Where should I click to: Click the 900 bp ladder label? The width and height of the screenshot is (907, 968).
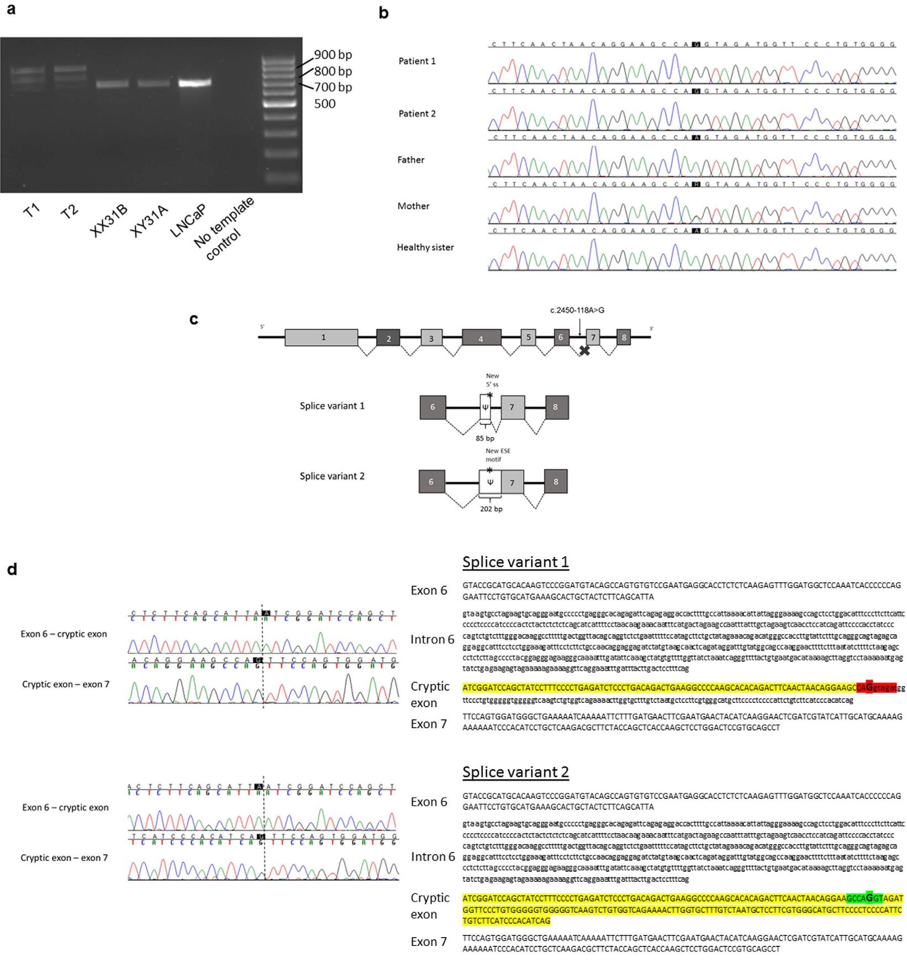(333, 55)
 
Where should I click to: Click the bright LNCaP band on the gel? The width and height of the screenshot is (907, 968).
(194, 83)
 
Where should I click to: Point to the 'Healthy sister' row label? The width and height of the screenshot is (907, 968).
(425, 248)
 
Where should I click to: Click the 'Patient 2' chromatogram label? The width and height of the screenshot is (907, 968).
(417, 114)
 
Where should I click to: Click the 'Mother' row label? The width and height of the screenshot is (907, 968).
(413, 206)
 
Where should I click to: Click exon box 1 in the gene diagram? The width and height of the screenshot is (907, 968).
(321, 337)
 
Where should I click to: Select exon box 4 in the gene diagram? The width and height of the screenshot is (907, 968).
(481, 337)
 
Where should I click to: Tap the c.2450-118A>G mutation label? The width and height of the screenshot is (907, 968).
(577, 310)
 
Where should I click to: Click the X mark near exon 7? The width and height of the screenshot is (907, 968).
(584, 350)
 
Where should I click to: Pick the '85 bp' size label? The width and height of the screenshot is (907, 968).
(485, 439)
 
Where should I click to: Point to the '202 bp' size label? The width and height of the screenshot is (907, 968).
(491, 509)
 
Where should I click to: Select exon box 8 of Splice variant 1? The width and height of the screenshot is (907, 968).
(556, 407)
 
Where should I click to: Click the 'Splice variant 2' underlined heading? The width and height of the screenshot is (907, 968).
(515, 772)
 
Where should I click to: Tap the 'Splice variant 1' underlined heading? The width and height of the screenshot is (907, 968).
(515, 562)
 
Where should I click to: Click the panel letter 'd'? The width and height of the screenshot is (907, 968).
(12, 569)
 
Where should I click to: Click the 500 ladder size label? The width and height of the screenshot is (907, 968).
(325, 104)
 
